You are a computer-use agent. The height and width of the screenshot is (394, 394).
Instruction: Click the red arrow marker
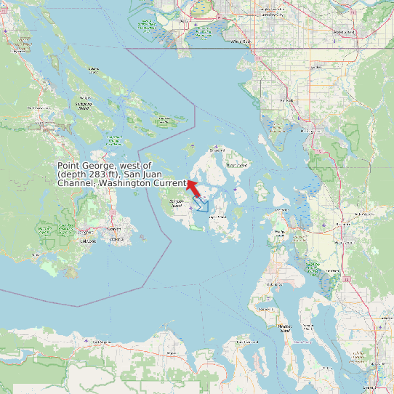pos(193,188)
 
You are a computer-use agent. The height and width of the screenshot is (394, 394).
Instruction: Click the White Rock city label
pos(241,41)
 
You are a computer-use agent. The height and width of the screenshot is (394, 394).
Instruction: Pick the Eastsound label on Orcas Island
pos(217,150)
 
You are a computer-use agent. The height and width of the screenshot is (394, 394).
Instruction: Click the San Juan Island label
pos(177,204)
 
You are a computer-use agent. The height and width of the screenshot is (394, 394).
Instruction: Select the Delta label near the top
pos(182,22)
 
